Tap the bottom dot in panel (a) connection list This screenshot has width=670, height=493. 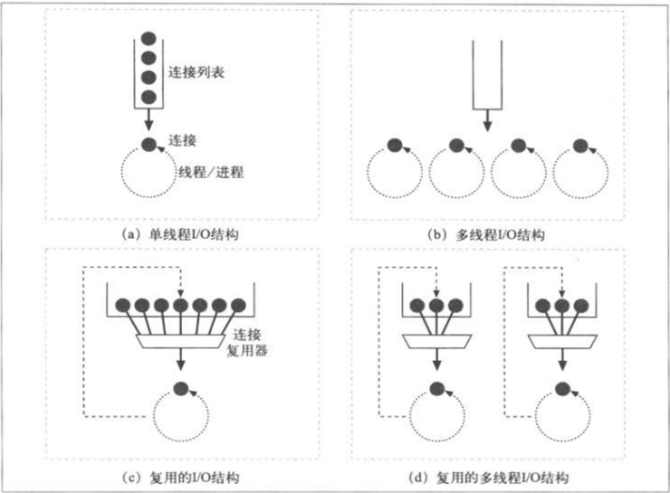tap(149, 96)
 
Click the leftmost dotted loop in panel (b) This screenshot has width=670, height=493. tap(394, 173)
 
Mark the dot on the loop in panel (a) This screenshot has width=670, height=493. tap(149, 145)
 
